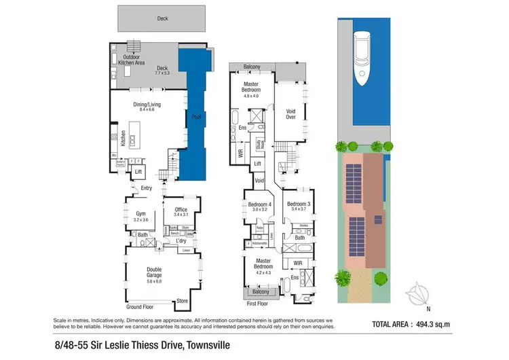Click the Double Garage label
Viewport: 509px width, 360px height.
pos(155,272)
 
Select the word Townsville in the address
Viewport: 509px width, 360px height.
pos(208,345)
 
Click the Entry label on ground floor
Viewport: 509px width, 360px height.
pos(147,188)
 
